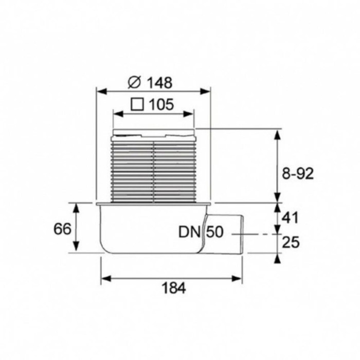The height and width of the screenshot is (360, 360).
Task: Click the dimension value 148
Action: [159, 82]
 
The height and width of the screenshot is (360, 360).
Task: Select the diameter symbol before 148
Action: [134, 82]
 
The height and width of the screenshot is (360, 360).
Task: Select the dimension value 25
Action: [291, 242]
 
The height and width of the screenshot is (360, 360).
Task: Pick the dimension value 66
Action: [62, 229]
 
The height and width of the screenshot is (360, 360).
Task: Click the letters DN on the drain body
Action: [190, 232]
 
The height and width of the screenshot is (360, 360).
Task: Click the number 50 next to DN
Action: [215, 232]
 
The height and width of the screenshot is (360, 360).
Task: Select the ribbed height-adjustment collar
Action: [153, 170]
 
